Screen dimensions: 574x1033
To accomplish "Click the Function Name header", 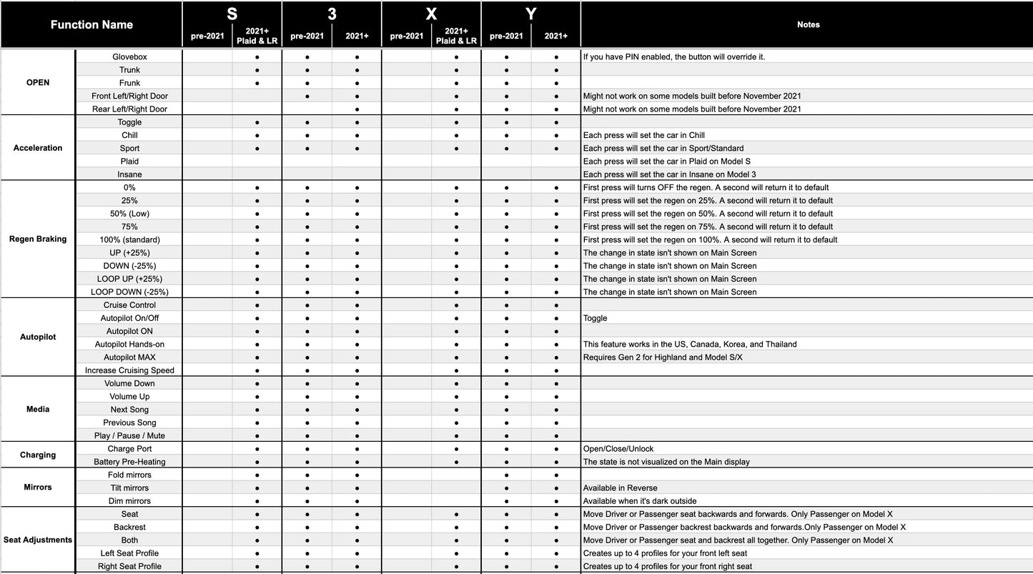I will (x=92, y=24).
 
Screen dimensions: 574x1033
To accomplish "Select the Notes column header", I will (x=808, y=24).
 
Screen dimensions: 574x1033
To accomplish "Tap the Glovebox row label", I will (x=129, y=56).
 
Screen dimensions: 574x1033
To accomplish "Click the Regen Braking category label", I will (x=38, y=239).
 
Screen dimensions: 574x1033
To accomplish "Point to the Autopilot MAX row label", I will (x=129, y=357).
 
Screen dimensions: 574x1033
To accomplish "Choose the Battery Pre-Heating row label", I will (x=129, y=462).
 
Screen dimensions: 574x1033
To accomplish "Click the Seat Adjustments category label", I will (x=38, y=540).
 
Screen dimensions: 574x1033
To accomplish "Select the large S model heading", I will (x=232, y=14).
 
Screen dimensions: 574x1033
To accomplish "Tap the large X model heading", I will (x=431, y=14).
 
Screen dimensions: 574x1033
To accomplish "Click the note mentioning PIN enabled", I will (x=673, y=56).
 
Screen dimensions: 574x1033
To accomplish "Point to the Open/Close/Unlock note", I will (x=618, y=449).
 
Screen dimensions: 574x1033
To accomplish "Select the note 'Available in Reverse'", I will (x=621, y=488).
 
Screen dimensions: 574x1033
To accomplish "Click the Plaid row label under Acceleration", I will (x=129, y=161).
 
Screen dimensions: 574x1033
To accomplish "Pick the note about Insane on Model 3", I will (x=669, y=174).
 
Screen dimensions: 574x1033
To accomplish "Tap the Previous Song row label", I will (x=129, y=422).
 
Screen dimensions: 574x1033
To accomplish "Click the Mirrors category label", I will (x=38, y=488).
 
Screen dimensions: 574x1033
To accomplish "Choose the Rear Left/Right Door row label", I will (x=129, y=109).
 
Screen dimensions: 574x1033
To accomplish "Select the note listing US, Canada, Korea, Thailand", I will (x=690, y=345).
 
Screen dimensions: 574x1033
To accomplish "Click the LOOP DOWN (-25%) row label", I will (x=129, y=292).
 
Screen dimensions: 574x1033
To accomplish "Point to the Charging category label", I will (x=38, y=455).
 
